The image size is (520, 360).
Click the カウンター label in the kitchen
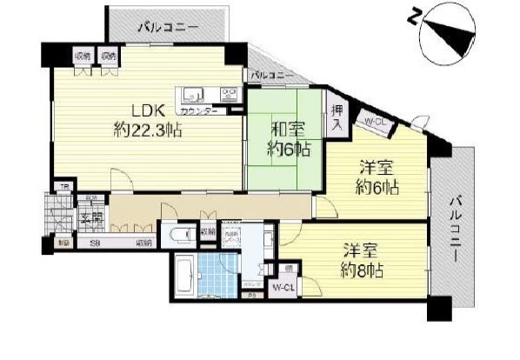[199, 112]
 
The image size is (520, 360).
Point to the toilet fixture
[181, 236]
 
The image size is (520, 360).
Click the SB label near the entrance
[95, 243]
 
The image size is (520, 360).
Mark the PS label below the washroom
[252, 297]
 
